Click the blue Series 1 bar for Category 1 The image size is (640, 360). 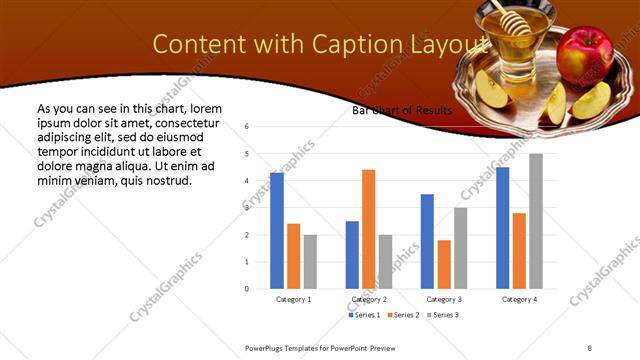pyautogui.click(x=277, y=231)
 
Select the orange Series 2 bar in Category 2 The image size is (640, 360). pyautogui.click(x=368, y=229)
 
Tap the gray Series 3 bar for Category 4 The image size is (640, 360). pyautogui.click(x=536, y=221)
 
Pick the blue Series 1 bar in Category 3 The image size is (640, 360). pyautogui.click(x=427, y=241)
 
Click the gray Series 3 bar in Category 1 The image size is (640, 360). pyautogui.click(x=310, y=262)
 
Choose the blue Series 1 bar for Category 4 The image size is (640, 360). pyautogui.click(x=502, y=228)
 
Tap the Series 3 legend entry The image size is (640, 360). pyautogui.click(x=443, y=315)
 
